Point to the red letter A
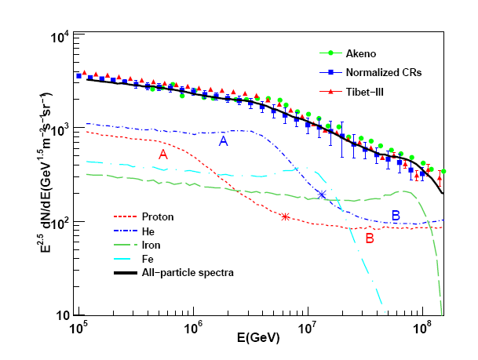163,155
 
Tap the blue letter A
223,141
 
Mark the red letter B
369,241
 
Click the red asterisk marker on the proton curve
286,216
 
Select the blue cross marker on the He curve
322,195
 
